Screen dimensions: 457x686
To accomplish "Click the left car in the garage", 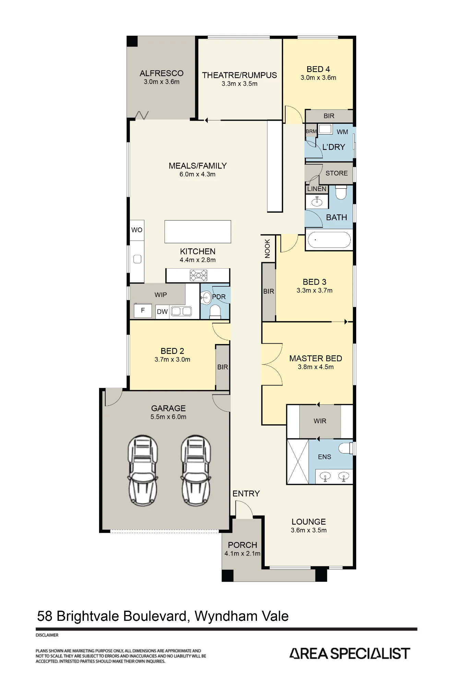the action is (143, 471).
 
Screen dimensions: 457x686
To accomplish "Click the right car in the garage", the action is (196, 471).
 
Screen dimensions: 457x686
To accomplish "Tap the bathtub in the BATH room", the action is (329, 240).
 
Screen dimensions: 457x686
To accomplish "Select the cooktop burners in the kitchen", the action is (199, 275).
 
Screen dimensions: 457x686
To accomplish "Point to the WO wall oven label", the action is (137, 230).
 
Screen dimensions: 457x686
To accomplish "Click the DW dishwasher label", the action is (162, 311).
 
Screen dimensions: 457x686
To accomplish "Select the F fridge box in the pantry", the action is (143, 310).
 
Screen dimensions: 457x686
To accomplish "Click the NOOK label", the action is (267, 248).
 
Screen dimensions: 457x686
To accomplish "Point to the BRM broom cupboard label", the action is (311, 131).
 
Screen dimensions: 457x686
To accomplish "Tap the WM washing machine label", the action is (342, 132).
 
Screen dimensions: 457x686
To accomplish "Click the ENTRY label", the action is (246, 494).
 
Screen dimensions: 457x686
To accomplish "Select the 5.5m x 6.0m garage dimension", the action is (168, 417).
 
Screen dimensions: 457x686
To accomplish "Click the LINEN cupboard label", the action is (317, 189).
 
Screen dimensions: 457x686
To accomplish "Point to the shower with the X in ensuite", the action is (298, 461).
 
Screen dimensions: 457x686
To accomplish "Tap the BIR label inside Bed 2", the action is (223, 367).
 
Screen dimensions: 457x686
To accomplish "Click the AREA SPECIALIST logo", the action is (350, 653).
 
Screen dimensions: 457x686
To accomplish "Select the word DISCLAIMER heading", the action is (47, 635).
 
